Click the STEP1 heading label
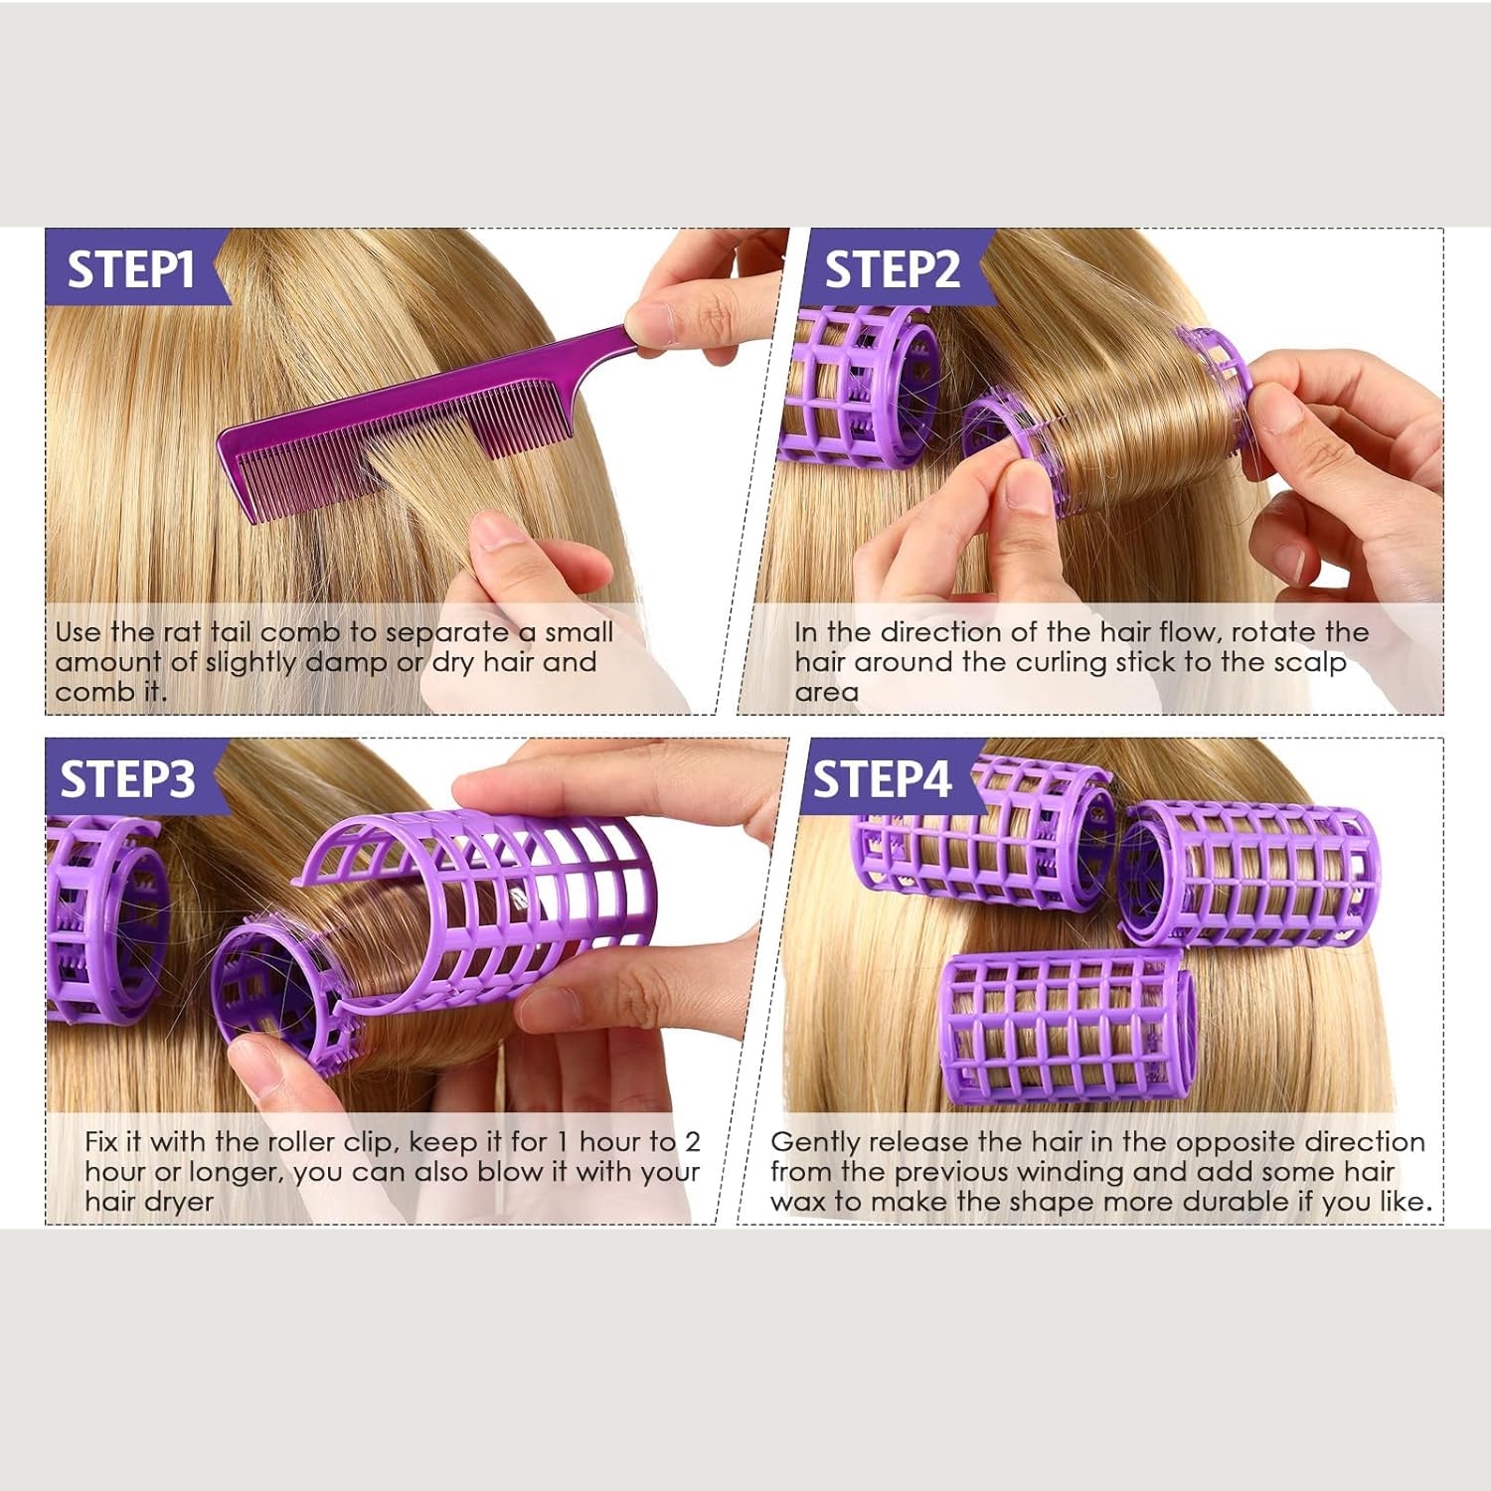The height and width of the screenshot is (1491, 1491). [130, 269]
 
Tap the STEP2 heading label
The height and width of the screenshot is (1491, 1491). [892, 269]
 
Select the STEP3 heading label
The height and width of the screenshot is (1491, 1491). [127, 779]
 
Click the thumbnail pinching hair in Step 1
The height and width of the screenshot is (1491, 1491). [494, 529]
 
